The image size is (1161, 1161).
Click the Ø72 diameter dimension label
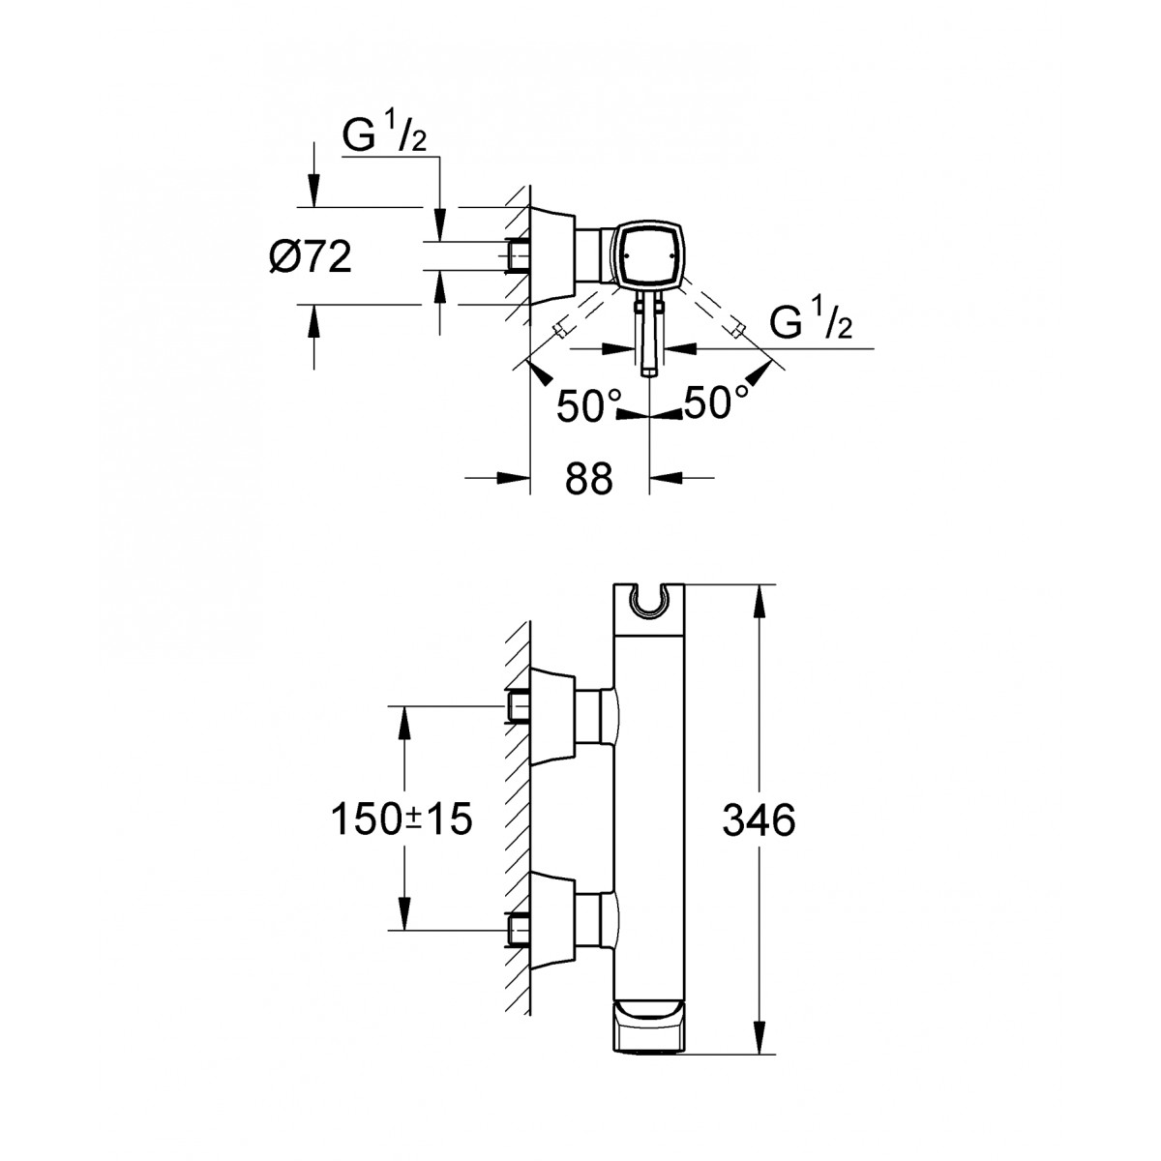pos(311,257)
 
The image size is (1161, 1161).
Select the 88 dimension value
pos(588,480)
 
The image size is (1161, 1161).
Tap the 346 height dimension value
pos(759,820)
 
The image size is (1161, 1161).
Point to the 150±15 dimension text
pos(402,819)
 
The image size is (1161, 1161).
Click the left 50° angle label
pos(580,404)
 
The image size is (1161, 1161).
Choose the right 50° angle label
pos(716,402)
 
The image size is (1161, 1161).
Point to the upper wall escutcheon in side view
pos(553,717)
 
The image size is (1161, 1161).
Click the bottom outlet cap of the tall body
pos(648,1035)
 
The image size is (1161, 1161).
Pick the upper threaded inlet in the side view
pos(517,705)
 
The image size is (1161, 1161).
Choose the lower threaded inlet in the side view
pos(517,932)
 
